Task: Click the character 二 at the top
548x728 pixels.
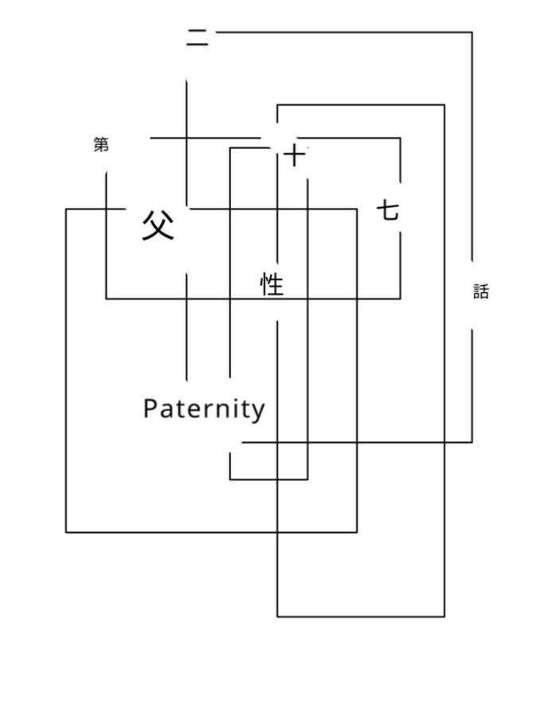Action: [x=198, y=37]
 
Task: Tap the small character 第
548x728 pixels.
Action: [x=101, y=145]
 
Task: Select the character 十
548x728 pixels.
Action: [x=295, y=155]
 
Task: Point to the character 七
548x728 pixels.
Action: [x=388, y=211]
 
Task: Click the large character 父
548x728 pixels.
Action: [x=158, y=225]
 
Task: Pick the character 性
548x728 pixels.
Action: [x=272, y=284]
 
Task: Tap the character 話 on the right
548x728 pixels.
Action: [x=480, y=292]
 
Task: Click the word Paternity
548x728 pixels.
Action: [x=204, y=409]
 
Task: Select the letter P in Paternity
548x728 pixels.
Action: [x=151, y=409]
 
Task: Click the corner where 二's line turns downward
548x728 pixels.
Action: [x=472, y=33]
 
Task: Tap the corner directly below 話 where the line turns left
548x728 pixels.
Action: [x=472, y=441]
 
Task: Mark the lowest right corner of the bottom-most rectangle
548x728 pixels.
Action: [x=444, y=616]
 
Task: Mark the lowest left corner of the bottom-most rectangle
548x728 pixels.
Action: [x=277, y=616]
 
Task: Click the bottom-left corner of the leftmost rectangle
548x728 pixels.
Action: [x=66, y=531]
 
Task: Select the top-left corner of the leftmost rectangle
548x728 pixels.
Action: [x=66, y=209]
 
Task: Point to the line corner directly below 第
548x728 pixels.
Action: [x=107, y=299]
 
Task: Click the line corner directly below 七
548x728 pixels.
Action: [x=400, y=299]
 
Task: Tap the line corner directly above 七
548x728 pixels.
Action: [x=400, y=139]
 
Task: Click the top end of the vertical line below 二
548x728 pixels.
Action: [x=187, y=80]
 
